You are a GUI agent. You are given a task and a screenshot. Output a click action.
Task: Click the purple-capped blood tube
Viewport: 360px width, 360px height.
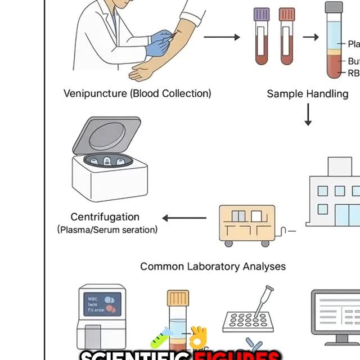[x=262, y=13]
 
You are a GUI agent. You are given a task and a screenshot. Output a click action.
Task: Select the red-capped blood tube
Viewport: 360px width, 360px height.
[x=286, y=13]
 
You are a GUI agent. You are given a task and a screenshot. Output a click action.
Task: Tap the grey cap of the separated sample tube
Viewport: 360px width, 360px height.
[x=334, y=7]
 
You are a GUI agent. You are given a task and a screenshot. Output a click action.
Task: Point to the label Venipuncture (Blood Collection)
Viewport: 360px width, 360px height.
[x=137, y=93]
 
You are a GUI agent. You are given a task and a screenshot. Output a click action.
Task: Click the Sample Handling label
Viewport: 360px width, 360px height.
[x=307, y=93]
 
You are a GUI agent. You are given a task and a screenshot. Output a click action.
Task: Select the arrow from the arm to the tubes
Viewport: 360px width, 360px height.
[x=221, y=37]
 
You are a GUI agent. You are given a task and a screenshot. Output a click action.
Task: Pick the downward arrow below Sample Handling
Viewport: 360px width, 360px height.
[x=308, y=114]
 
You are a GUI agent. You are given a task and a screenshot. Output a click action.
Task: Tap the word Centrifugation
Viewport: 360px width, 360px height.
[x=105, y=217]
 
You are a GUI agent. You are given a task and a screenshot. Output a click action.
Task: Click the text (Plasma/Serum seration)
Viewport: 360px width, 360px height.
[x=107, y=229]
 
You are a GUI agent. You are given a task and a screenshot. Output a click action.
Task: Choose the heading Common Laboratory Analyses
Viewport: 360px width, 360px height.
[x=213, y=267]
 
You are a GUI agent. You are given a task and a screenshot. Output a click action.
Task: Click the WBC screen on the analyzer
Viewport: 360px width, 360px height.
[x=101, y=304]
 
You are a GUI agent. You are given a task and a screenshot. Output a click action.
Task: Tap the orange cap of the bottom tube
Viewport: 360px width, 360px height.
[x=178, y=298]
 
